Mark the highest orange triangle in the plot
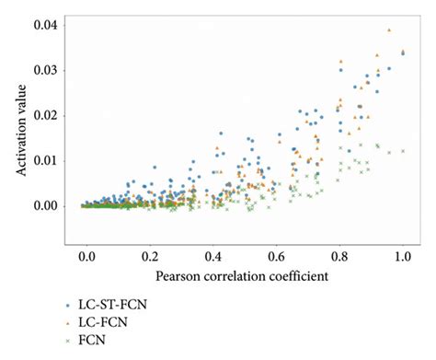point(389,29)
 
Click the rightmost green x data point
point(402,151)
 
